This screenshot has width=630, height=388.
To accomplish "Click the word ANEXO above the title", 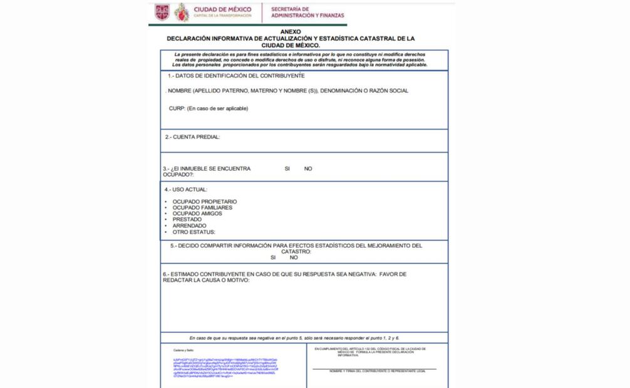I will coord(291,31).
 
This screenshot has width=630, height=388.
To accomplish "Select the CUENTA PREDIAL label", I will coord(193,136).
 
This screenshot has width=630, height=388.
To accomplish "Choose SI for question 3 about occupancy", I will coord(287,168).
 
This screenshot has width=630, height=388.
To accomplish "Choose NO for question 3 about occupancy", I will coord(308,168).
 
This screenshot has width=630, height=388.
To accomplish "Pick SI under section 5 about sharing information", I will coord(273,257).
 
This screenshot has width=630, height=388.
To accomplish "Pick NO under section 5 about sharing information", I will coord(294,257).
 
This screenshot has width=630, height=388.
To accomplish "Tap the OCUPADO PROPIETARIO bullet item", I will coord(204,202).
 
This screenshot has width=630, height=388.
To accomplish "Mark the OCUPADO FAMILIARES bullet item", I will coord(202,207).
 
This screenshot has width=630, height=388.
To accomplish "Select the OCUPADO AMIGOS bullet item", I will coord(197,213).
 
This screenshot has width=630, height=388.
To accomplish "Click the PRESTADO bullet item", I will coord(187,220).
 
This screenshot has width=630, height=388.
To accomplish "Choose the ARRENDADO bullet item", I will coord(190,226).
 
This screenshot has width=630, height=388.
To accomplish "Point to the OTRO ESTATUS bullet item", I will coord(194,232).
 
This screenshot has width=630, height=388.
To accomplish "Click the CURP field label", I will coord(209,108).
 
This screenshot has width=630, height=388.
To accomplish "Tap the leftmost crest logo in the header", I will coord(162,11).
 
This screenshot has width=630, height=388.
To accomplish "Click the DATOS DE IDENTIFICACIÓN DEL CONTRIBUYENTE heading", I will coord(236,76).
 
